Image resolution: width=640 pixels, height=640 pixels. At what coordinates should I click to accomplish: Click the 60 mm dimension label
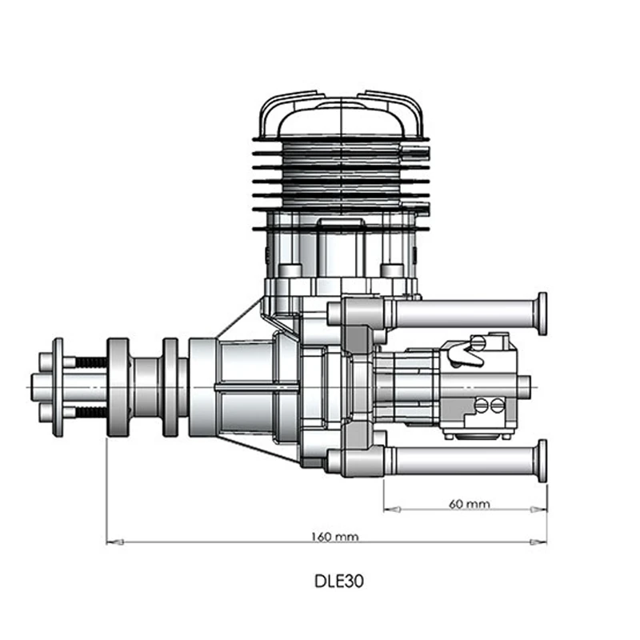tap(470, 504)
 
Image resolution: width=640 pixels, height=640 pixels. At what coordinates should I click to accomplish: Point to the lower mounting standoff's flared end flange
tap(542, 461)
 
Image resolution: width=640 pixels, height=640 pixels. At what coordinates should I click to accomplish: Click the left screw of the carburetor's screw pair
tap(482, 406)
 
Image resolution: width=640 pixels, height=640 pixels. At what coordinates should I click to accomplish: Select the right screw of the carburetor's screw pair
tap(496, 406)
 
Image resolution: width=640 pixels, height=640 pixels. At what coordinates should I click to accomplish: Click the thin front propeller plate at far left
tap(57, 388)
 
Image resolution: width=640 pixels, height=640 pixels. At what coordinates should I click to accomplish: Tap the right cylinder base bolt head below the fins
tap(391, 270)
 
